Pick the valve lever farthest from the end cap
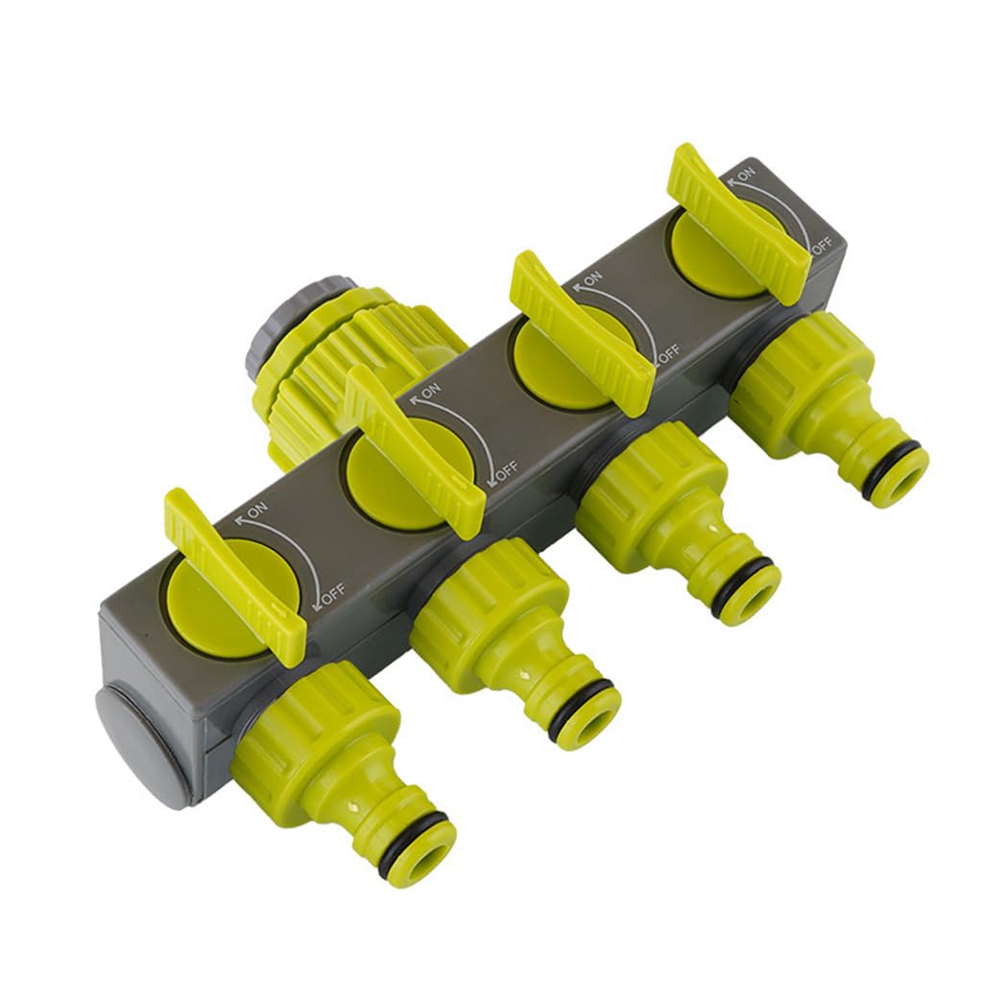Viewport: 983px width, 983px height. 739,221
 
